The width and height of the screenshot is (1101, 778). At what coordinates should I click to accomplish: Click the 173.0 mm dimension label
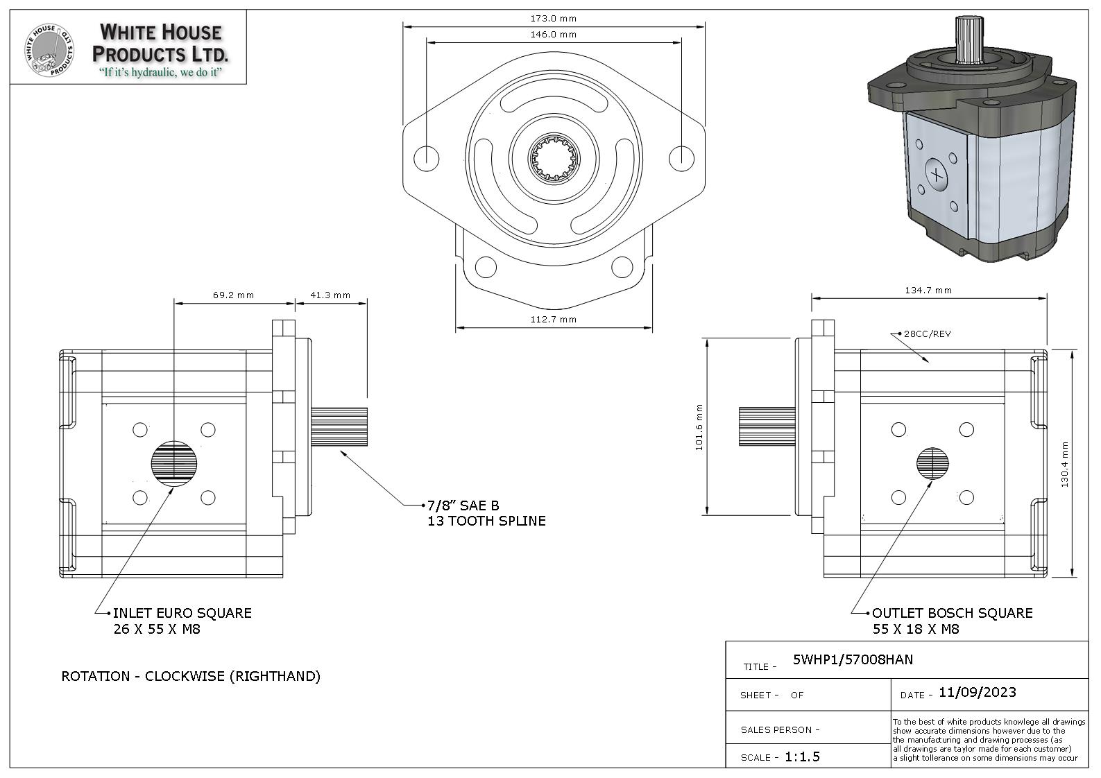coord(553,19)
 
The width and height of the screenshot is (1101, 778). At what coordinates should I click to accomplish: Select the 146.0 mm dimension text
coord(553,34)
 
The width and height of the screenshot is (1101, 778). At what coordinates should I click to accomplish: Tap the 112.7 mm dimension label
coord(553,320)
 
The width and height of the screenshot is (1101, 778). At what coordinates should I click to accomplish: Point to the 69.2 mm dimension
coord(233,295)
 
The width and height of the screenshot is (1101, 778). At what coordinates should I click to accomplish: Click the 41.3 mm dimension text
coord(330,295)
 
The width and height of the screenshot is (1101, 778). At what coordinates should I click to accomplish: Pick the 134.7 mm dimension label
coord(928,291)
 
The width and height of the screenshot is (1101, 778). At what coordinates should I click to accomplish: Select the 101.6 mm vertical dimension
coord(699,427)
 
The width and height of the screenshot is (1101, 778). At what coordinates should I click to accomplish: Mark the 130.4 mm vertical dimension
coord(1065,464)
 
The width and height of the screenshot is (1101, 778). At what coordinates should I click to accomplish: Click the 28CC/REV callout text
coord(927,334)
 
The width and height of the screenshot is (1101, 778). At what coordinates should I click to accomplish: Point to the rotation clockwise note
coord(191,676)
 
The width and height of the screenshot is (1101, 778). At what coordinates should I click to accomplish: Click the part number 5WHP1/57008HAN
coord(853,659)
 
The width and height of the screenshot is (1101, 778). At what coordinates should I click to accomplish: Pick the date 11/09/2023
coord(977,693)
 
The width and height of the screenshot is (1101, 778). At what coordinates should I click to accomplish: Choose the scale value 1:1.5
coord(802,757)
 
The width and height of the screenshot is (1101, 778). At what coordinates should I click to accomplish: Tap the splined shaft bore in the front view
coord(554,159)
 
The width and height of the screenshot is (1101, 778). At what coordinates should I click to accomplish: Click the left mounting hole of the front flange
coord(427,159)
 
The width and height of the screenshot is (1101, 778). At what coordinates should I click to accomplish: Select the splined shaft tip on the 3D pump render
coord(968,31)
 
